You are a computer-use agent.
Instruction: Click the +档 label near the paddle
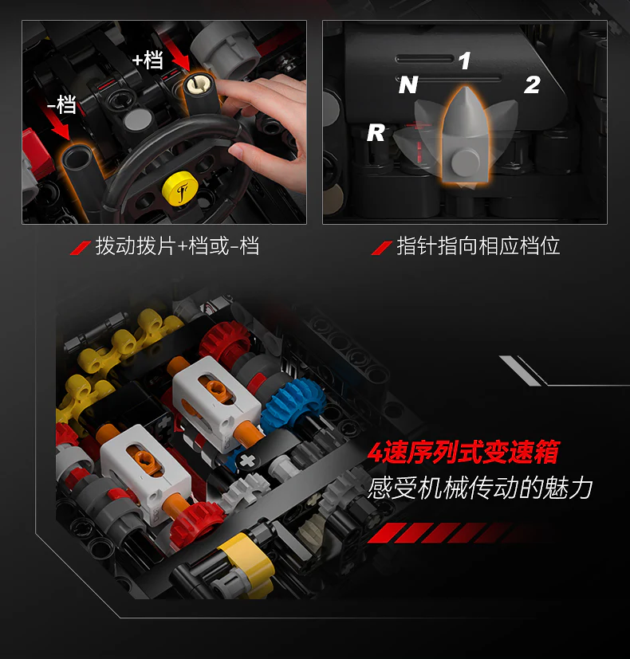[x=148, y=60]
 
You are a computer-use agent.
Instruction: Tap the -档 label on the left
[x=61, y=104]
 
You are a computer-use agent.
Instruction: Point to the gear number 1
[x=464, y=61]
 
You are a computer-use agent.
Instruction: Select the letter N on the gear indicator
[x=408, y=85]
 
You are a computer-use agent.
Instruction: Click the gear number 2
[x=532, y=85]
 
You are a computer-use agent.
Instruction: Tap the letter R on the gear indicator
[x=376, y=133]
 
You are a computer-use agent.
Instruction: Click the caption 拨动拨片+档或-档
[x=177, y=246]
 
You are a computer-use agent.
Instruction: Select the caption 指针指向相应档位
[x=478, y=246]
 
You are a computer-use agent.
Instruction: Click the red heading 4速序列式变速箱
[x=463, y=453]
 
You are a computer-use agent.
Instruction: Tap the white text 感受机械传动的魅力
[x=480, y=488]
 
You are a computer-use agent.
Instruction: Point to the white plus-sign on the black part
[x=247, y=461]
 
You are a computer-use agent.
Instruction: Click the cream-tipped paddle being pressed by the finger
[x=200, y=92]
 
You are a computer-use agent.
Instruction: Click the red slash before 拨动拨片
[x=81, y=248]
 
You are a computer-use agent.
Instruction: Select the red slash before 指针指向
[x=381, y=248]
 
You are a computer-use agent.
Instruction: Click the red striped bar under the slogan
[x=446, y=532]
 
